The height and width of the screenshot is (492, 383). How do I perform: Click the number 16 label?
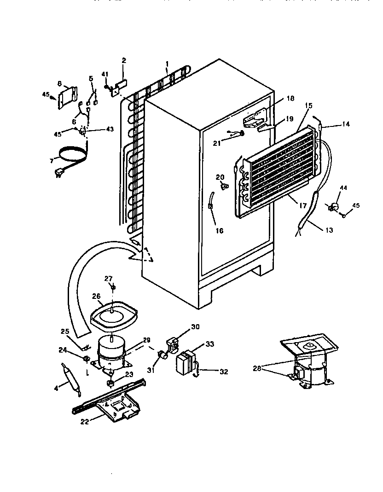219,230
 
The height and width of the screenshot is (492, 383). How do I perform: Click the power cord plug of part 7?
59,173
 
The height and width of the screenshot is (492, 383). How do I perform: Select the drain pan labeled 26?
112,315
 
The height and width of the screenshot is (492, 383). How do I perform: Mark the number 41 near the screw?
105,74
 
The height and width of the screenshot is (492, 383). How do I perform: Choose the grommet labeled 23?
110,383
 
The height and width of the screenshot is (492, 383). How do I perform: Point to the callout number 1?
167,63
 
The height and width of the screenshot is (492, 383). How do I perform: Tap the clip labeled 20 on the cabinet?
225,186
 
